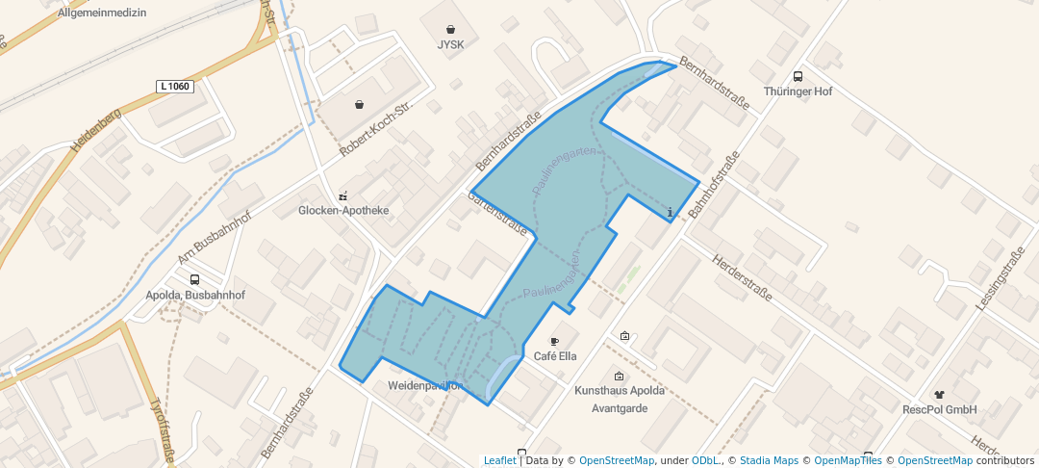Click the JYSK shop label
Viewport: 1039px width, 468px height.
[x=450, y=45]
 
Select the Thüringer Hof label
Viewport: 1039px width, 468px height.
[x=797, y=91]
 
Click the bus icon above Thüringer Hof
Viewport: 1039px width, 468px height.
[x=797, y=76]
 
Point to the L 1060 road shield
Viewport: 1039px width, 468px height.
[x=175, y=87]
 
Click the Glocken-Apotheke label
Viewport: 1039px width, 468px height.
[x=343, y=211]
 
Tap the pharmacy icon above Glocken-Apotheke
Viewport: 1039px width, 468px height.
[x=342, y=195]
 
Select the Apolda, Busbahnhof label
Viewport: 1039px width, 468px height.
[x=195, y=295]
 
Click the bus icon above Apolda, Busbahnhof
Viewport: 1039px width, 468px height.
[x=195, y=279]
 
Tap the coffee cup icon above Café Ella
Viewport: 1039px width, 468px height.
[x=553, y=341]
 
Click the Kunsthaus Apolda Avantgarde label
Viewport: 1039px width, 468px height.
[x=619, y=400]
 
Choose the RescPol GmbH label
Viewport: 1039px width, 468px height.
[x=939, y=409]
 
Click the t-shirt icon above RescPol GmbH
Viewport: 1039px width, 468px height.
[x=939, y=394]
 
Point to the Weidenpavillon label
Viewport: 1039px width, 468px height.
[x=425, y=385]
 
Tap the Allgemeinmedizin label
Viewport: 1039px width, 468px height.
[x=102, y=13]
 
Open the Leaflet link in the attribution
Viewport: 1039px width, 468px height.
[x=499, y=460]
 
